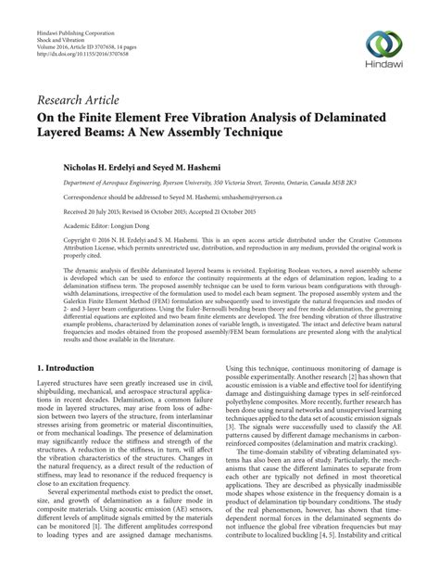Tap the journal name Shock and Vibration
(x=58, y=38)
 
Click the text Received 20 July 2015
(x=73, y=211)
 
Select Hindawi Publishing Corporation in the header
(x=71, y=31)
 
